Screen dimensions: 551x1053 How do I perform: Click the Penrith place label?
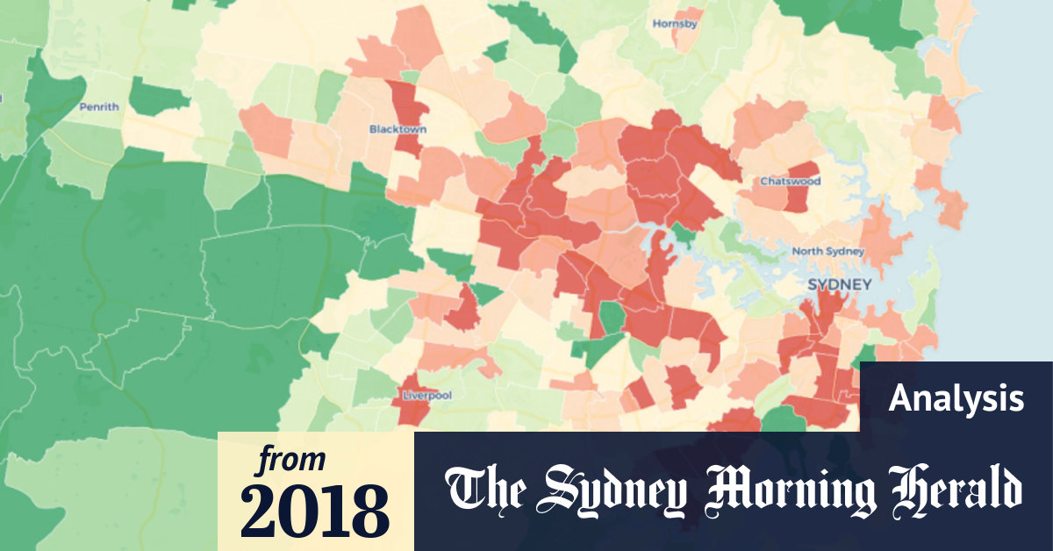click(x=98, y=107)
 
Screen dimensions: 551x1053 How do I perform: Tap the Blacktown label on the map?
click(x=398, y=129)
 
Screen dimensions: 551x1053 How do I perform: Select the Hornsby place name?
click(x=675, y=24)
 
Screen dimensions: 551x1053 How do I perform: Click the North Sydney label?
click(x=827, y=252)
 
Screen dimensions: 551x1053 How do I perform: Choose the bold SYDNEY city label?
click(x=839, y=284)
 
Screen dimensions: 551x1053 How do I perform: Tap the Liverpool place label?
click(x=426, y=396)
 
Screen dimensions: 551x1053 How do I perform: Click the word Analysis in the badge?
click(x=956, y=399)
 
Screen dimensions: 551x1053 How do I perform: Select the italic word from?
click(x=290, y=459)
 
